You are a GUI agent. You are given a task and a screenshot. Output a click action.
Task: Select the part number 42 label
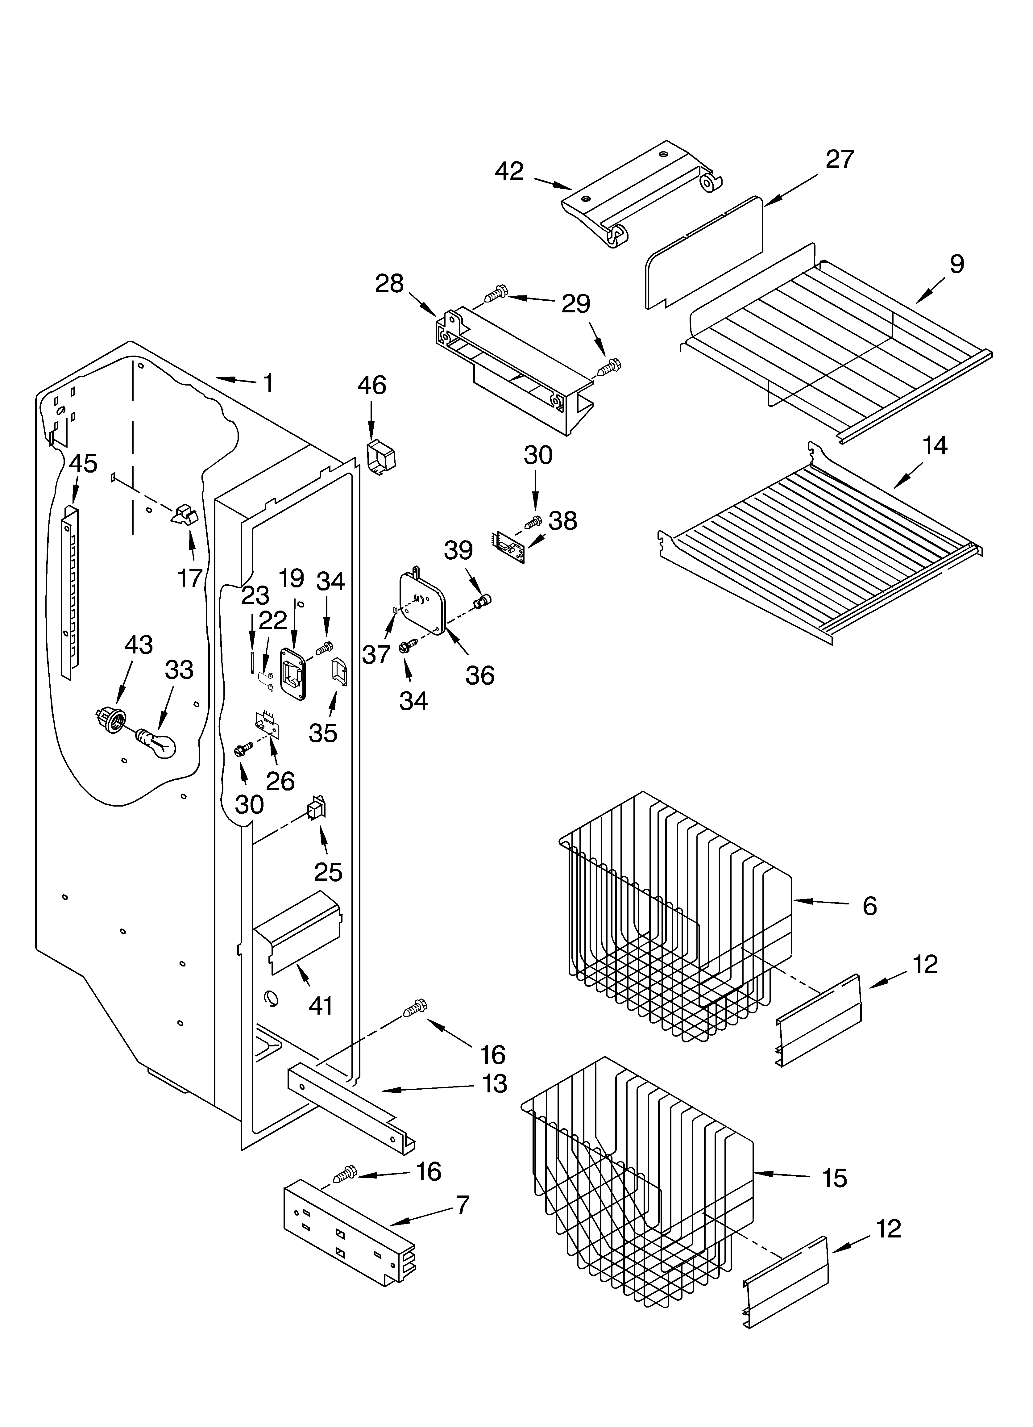(x=509, y=171)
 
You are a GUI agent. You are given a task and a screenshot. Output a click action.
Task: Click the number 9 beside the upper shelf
(x=956, y=264)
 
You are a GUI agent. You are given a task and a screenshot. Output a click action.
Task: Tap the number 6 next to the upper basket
(x=869, y=906)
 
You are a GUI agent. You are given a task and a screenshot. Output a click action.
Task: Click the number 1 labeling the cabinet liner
(x=268, y=382)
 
